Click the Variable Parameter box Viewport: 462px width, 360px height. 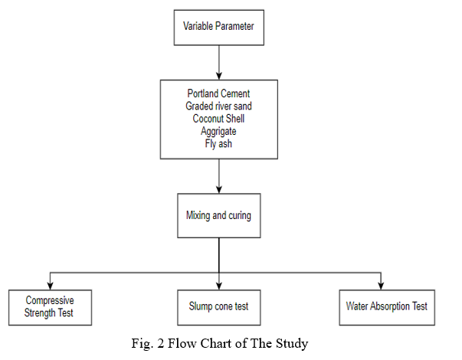click(219, 28)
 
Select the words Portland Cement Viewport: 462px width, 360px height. click(218, 93)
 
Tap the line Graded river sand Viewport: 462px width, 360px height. click(218, 106)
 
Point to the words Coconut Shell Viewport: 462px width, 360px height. click(218, 119)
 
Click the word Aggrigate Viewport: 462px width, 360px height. click(218, 132)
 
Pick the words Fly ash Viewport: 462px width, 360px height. click(218, 144)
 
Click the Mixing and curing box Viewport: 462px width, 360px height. click(219, 216)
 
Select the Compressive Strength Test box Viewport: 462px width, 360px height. click(50, 308)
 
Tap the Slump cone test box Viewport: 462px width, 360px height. click(219, 308)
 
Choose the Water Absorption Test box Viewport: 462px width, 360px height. click(387, 308)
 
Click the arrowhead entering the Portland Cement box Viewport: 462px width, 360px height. click(219, 76)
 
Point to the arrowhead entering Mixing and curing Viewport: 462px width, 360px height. click(219, 189)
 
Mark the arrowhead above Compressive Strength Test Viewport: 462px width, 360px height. click(50, 286)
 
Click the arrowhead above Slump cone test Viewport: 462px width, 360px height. click(219, 286)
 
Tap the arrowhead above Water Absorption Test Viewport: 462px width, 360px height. click(381, 286)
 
